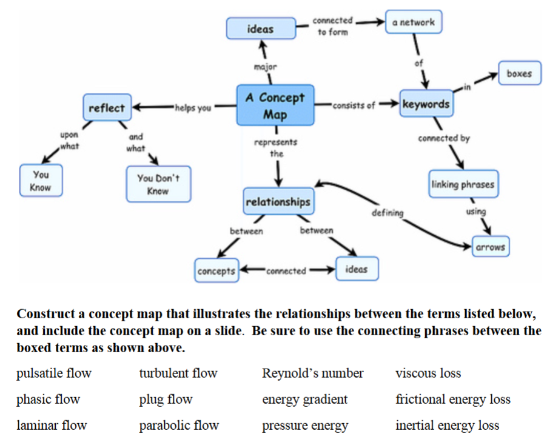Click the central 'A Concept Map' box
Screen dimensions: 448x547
point(275,105)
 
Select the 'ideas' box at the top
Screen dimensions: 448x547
point(260,28)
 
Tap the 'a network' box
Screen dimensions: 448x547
point(414,22)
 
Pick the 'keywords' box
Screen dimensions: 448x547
point(426,104)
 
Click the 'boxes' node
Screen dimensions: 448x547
point(519,73)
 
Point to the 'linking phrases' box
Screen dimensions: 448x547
point(463,184)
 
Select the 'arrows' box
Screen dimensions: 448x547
point(490,247)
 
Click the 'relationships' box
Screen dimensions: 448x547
point(278,202)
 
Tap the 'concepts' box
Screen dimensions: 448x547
point(216,270)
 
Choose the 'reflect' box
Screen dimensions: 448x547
point(107,108)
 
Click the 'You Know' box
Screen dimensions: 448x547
point(41,181)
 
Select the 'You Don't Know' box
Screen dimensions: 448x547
point(158,184)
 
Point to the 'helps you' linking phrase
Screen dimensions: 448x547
point(193,108)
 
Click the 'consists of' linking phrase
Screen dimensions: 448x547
point(354,105)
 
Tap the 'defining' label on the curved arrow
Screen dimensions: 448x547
point(386,213)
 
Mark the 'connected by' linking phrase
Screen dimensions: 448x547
point(443,138)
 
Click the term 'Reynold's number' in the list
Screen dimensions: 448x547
point(312,373)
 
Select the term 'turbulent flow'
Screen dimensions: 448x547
point(178,373)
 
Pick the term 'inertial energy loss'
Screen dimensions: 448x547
point(447,426)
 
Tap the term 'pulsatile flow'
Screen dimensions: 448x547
point(54,373)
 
